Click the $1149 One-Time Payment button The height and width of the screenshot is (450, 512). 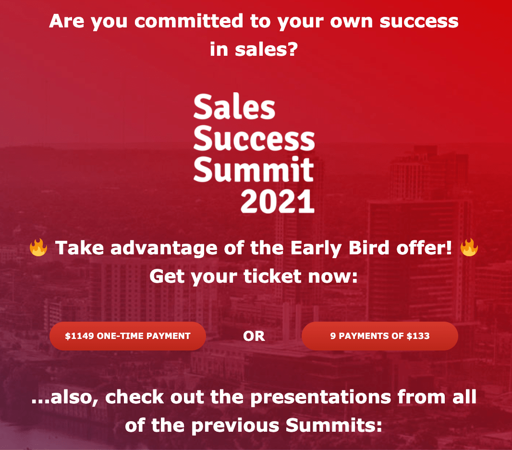pos(128,336)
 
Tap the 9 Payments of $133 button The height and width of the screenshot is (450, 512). pos(379,336)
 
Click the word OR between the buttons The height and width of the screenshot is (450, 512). pos(254,337)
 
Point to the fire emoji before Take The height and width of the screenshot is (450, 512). pos(38,248)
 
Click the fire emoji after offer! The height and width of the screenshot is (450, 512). pos(469,248)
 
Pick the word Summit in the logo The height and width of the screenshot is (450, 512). pos(254,170)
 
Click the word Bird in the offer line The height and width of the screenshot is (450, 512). pos(373,248)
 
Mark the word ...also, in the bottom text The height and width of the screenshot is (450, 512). pos(66,398)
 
